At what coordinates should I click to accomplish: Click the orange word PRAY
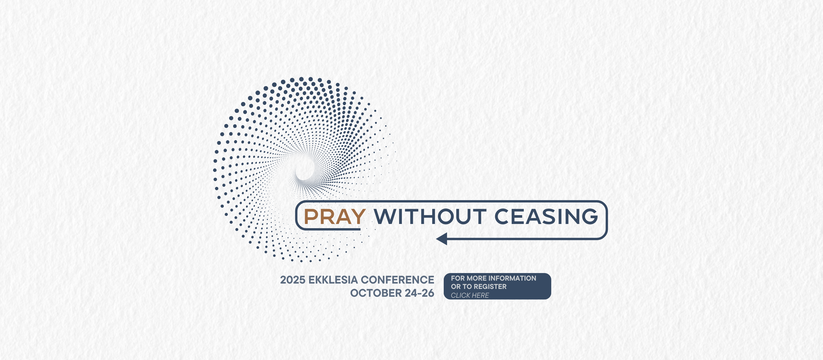click(x=335, y=217)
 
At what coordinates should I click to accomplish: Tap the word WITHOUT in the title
click(x=430, y=217)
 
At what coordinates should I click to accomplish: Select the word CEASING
click(x=546, y=217)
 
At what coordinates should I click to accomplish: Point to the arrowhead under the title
click(x=442, y=239)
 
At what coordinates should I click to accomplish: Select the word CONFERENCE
click(x=397, y=280)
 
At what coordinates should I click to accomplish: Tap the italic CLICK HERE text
click(x=470, y=296)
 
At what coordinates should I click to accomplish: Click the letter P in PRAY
click(x=310, y=217)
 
